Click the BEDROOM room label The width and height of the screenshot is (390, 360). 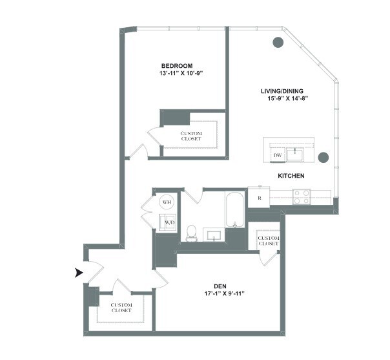[177, 66]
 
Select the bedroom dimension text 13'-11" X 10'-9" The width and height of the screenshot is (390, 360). [177, 74]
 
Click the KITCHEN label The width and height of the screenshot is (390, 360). [291, 176]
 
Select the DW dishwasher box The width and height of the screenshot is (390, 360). [277, 156]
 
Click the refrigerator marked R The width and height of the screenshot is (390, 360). [258, 197]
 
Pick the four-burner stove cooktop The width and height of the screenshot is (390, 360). [300, 196]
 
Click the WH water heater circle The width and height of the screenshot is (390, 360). [167, 202]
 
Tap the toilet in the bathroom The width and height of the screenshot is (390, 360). [191, 233]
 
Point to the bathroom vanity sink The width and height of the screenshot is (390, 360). [213, 234]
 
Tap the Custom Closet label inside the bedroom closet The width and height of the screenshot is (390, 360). [191, 136]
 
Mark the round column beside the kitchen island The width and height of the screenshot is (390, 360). [323, 157]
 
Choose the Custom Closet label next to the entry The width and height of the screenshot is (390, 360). [121, 308]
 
